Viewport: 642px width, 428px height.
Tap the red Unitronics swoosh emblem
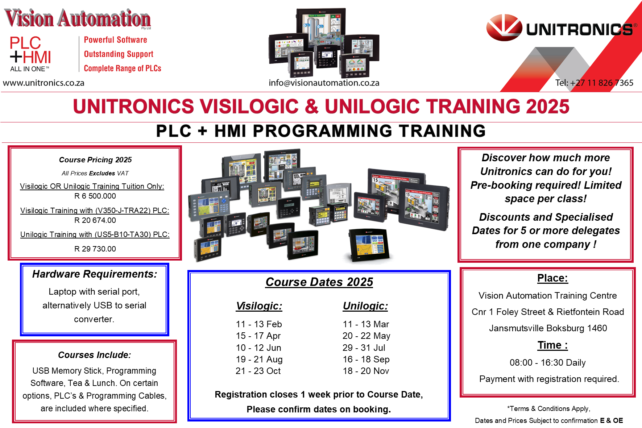504,27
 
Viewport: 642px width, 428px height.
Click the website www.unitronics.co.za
44,83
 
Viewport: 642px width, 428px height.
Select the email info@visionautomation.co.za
324,83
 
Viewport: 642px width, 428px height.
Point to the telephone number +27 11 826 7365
602,83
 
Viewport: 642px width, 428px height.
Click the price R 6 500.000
95,196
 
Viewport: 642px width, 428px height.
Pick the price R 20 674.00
95,220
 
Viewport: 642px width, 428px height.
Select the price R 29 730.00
95,249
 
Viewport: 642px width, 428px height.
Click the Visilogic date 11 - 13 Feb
259,324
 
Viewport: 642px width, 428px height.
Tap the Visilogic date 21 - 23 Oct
258,371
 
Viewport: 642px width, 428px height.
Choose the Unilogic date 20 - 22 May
366,336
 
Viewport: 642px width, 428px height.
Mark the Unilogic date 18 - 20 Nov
366,371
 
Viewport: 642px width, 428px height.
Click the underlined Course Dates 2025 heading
319,282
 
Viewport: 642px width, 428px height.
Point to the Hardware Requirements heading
95,274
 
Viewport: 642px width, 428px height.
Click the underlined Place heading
552,278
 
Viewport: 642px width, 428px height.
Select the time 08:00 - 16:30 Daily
548,362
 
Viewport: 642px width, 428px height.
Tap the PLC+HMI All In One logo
30,54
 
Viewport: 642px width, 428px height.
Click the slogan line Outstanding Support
119,54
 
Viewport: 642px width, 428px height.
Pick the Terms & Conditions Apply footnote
549,408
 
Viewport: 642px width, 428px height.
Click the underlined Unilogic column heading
365,306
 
